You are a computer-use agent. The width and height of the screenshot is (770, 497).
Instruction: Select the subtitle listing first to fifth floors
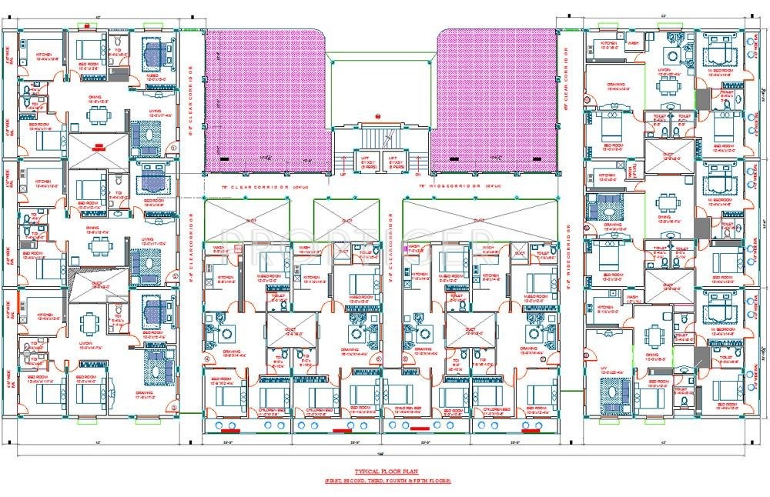click(x=386, y=480)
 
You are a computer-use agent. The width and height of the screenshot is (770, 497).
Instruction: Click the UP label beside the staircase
click(x=343, y=175)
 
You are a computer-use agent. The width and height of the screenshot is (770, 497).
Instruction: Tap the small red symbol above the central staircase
click(x=379, y=116)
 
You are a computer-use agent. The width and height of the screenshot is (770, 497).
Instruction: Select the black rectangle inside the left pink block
click(x=224, y=159)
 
